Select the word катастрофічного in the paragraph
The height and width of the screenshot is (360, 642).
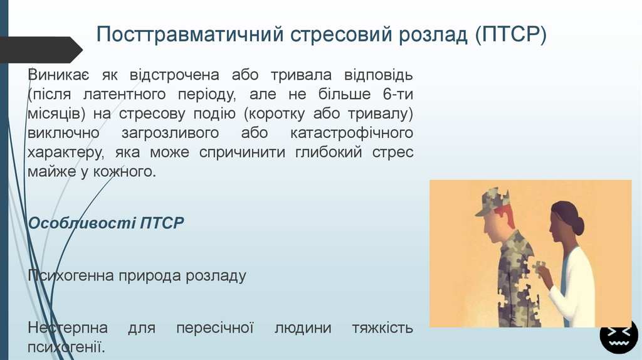[352, 133]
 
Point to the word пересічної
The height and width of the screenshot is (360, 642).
[214, 328]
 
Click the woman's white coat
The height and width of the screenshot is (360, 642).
[577, 289]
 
